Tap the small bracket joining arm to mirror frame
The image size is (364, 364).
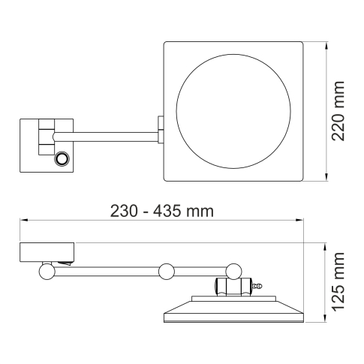(x=160, y=128)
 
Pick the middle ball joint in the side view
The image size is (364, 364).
(x=166, y=270)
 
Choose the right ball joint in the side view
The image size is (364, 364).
(x=236, y=269)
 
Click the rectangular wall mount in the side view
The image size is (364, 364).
(x=47, y=251)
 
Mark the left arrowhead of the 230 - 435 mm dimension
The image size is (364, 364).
(x=23, y=221)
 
